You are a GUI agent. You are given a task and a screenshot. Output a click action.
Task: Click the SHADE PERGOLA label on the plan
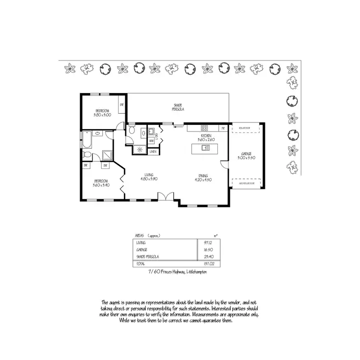tap(179, 107)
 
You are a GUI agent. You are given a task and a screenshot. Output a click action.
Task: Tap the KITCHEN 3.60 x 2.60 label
tap(206, 138)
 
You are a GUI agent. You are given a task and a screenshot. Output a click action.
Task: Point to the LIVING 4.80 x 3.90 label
tap(149, 177)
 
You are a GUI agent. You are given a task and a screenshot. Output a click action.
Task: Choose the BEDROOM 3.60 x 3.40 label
tap(101, 183)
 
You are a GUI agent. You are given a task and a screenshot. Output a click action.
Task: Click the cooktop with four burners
tap(204, 128)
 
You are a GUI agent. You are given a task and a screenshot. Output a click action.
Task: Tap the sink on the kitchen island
tap(206, 148)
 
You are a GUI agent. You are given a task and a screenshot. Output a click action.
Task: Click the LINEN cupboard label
tap(153, 152)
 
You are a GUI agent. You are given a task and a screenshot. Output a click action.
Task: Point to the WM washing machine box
tap(151, 141)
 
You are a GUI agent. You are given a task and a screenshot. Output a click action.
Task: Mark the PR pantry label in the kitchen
tap(223, 129)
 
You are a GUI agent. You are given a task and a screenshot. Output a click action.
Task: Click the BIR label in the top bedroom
tap(122, 105)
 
